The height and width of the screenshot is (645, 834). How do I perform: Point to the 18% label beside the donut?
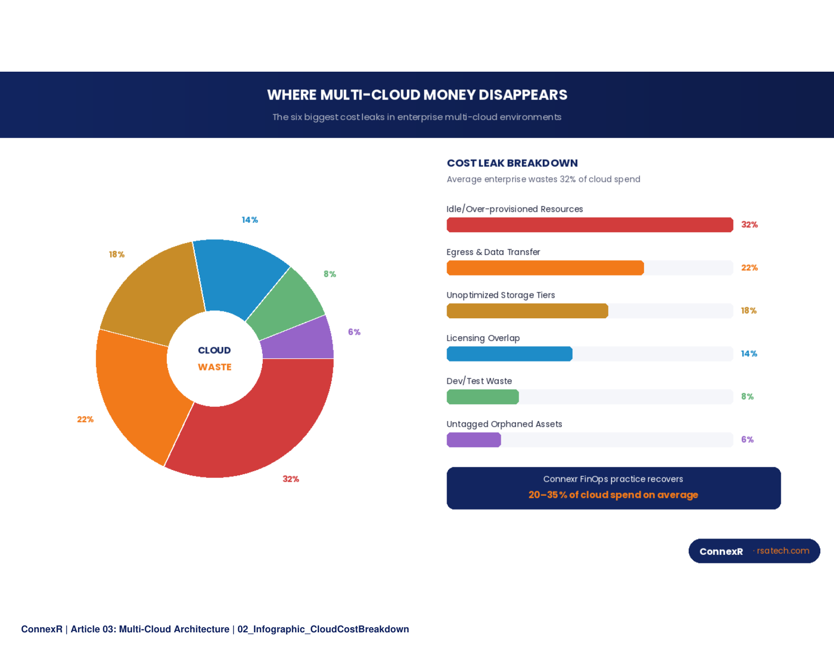[116, 255]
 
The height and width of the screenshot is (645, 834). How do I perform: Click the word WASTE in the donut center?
[214, 367]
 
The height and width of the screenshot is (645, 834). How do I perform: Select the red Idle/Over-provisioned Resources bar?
[590, 225]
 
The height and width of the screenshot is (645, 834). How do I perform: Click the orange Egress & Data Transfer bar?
[545, 268]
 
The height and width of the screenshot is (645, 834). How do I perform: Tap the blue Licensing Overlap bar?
[509, 354]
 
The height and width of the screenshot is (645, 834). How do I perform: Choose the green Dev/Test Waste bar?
[482, 397]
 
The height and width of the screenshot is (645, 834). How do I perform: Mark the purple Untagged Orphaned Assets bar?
[473, 440]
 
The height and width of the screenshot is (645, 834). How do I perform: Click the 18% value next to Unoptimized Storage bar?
[749, 311]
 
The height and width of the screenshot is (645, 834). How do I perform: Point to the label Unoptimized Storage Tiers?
[501, 295]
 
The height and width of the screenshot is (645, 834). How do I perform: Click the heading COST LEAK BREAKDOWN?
[512, 163]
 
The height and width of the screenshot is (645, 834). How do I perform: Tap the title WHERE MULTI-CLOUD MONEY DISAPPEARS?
[417, 95]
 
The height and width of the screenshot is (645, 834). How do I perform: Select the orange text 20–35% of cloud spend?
[613, 495]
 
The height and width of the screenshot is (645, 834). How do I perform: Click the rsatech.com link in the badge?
[783, 551]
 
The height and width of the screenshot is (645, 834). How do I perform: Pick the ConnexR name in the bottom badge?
[721, 551]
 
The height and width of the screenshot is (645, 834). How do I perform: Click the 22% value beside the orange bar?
[749, 268]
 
